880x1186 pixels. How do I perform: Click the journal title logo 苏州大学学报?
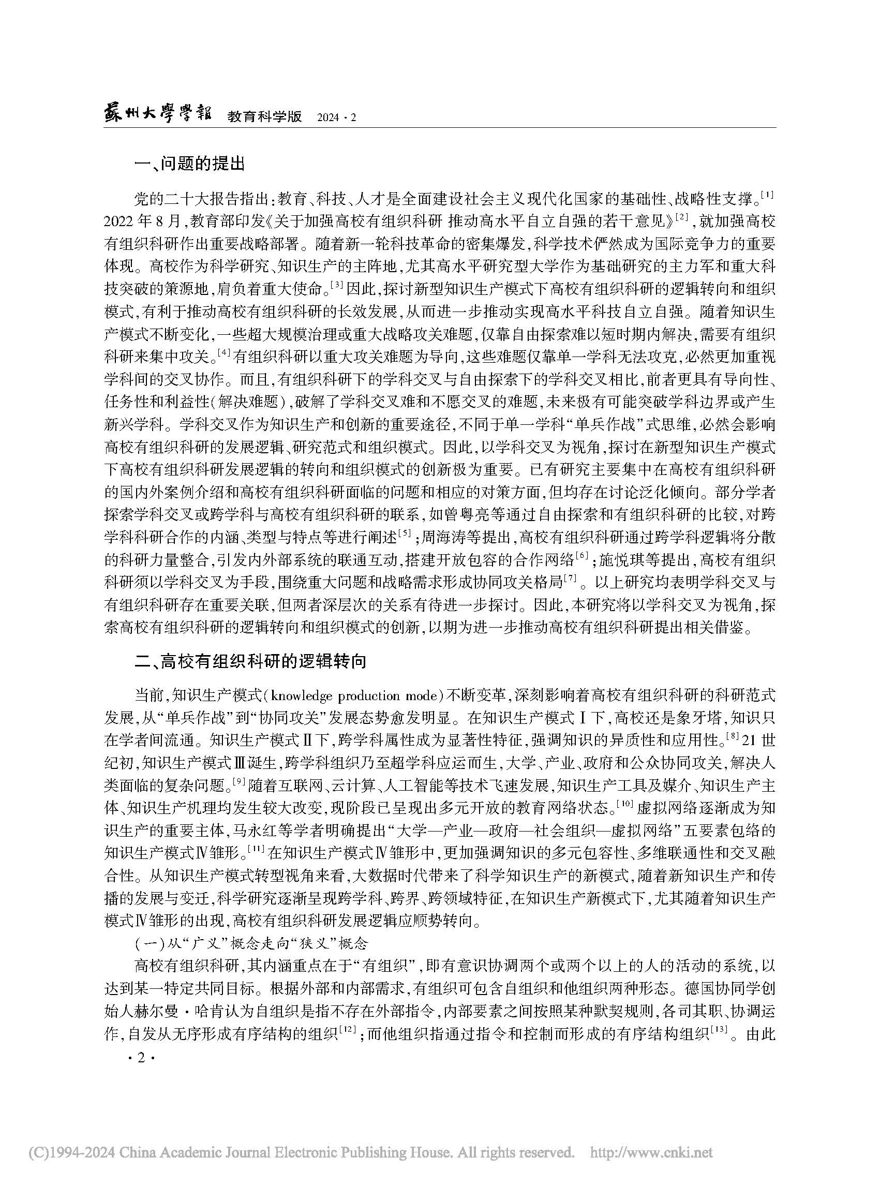[x=157, y=115]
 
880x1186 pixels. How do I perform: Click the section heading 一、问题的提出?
[x=190, y=164]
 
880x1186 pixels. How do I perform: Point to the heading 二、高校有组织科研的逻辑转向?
[x=250, y=661]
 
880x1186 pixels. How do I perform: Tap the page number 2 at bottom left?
[x=141, y=1058]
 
